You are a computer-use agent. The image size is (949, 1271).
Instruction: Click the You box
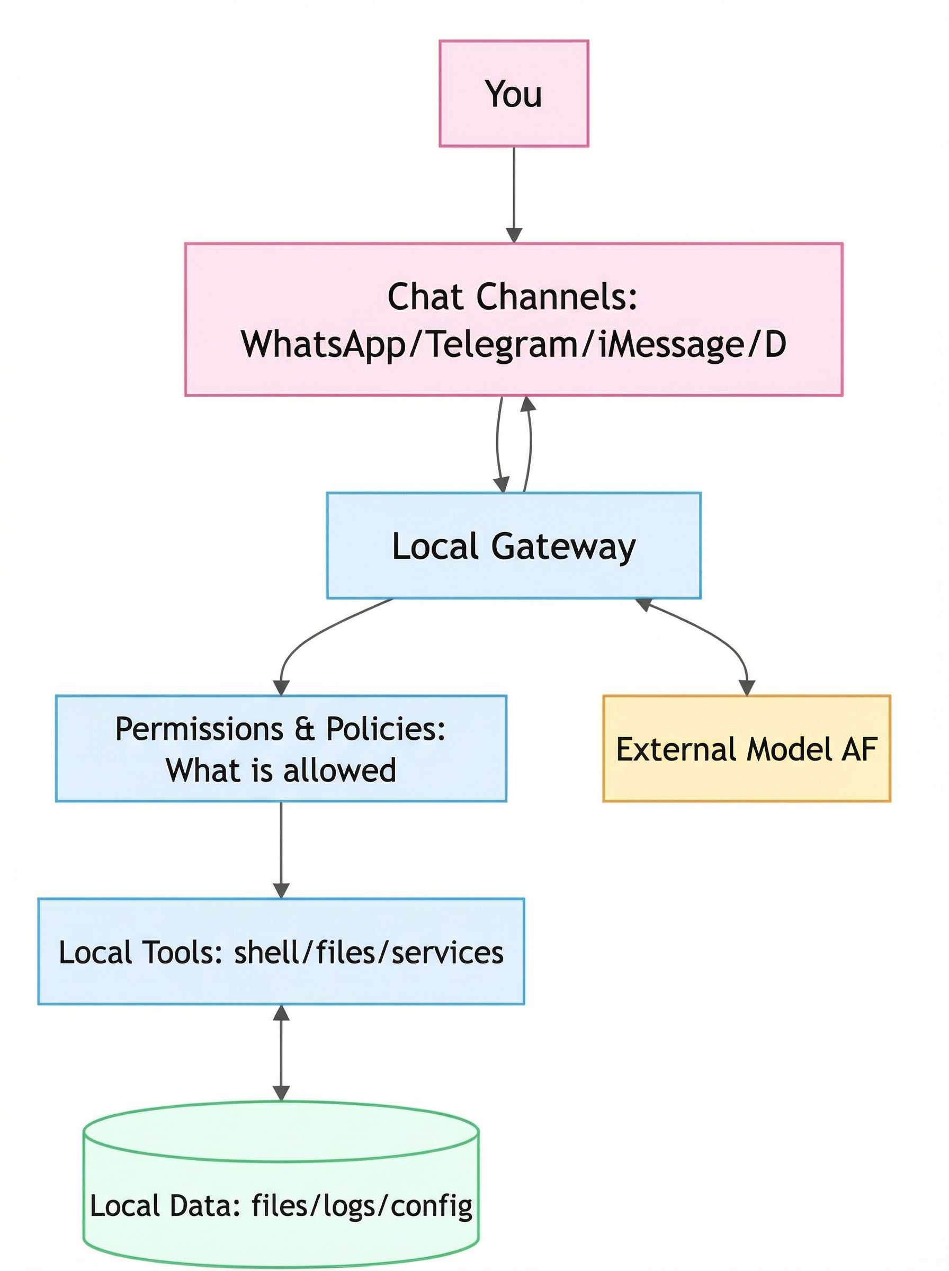click(x=514, y=93)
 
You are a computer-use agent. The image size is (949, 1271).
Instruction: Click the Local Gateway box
click(x=514, y=545)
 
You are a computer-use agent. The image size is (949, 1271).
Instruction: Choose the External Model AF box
click(x=746, y=749)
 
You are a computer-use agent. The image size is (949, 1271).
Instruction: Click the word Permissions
click(x=199, y=729)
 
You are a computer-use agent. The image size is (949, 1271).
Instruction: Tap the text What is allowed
click(x=281, y=770)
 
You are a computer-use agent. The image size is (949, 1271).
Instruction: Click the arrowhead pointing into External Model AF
click(x=746, y=687)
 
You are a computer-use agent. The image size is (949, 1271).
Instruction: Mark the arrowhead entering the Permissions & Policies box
click(x=281, y=687)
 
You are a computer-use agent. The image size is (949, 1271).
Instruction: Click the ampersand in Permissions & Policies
click(x=305, y=729)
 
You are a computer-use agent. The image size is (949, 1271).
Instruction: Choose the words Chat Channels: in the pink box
click(x=513, y=297)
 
